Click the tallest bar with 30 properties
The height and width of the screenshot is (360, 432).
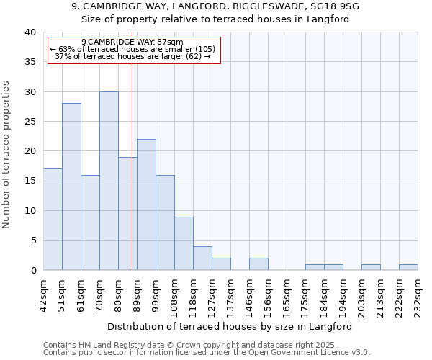(x=109, y=181)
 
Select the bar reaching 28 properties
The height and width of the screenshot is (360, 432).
(x=71, y=186)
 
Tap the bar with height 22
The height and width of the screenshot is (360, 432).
(x=146, y=204)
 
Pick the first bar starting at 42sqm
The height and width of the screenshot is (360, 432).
(x=53, y=220)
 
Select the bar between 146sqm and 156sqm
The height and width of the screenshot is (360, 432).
(x=258, y=264)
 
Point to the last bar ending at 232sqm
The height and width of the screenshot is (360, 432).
(x=408, y=267)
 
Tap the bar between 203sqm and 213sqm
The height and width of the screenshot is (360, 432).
(x=371, y=267)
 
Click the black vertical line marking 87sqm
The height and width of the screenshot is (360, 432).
(x=132, y=166)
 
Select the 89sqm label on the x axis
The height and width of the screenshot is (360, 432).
(x=137, y=294)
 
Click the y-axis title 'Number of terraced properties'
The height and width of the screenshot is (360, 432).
(x=6, y=154)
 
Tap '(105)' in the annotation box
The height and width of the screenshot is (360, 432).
(x=204, y=49)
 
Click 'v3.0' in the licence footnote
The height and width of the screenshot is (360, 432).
(x=359, y=353)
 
